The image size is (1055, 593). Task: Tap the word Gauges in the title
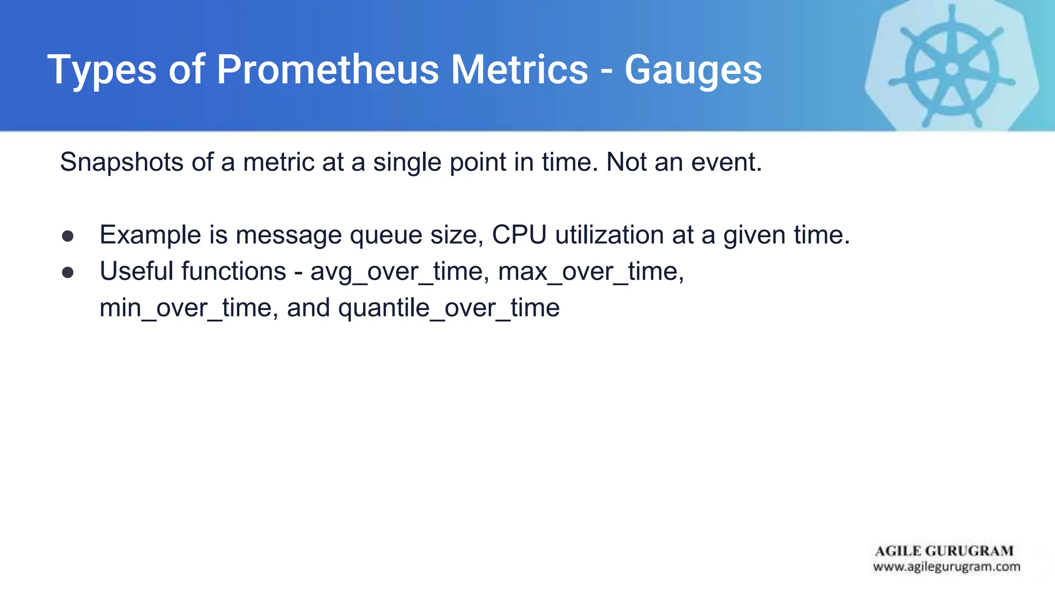click(x=693, y=71)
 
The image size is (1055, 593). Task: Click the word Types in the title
click(x=102, y=71)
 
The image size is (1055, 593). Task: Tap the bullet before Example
click(x=67, y=236)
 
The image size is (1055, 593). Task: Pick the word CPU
click(x=519, y=235)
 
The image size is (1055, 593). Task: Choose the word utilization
click(x=609, y=235)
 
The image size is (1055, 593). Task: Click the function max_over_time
click(x=590, y=272)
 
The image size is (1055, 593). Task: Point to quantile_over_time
click(x=449, y=308)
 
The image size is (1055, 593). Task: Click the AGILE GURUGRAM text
click(x=944, y=551)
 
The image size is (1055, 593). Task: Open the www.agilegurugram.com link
click(x=946, y=567)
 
